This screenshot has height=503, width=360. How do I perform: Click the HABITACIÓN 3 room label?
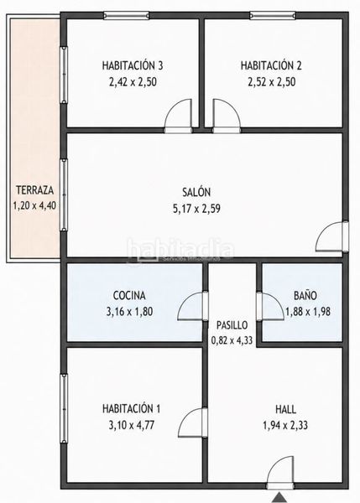(x=133, y=65)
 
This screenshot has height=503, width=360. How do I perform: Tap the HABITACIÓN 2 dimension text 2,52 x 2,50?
(x=271, y=82)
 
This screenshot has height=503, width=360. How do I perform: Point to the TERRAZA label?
(x=34, y=190)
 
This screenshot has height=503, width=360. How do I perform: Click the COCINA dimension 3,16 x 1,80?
(x=129, y=312)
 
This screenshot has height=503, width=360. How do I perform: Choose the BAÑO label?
(x=305, y=295)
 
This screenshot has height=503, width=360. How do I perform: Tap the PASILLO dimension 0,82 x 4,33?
(x=232, y=340)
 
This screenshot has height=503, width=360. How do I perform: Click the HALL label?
(x=286, y=409)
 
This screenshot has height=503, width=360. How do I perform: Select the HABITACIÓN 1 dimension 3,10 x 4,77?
(x=132, y=425)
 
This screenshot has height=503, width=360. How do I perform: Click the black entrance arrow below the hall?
(x=278, y=498)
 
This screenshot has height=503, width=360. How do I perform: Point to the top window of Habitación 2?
(x=273, y=15)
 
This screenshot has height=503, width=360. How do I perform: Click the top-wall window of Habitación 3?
(x=126, y=15)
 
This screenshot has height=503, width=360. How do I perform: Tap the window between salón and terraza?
(x=64, y=195)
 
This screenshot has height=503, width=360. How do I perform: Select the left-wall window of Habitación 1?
(x=64, y=408)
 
